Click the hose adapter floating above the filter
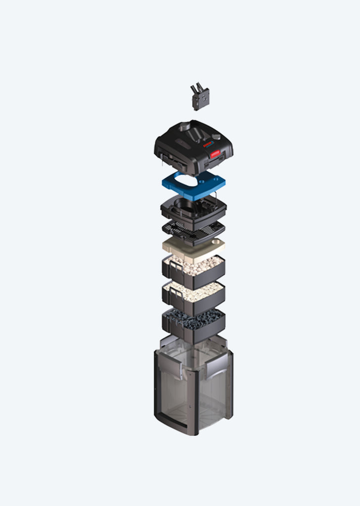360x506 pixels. (x=200, y=98)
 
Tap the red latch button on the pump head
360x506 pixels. (x=215, y=154)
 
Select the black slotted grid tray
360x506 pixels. (x=193, y=229)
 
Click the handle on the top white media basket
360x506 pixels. (x=170, y=270)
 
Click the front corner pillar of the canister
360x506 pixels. (x=196, y=395)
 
